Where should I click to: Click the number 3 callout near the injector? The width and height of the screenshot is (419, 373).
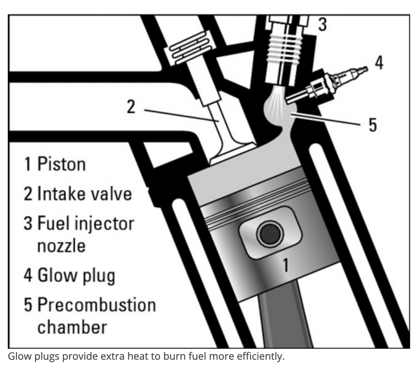tap(322, 25)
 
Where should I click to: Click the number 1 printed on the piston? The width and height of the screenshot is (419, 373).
tap(286, 266)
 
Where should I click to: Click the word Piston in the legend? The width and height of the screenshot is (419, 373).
tap(62, 164)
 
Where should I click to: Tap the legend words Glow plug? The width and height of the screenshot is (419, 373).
tap(76, 275)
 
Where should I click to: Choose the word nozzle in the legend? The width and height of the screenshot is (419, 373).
tap(62, 246)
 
